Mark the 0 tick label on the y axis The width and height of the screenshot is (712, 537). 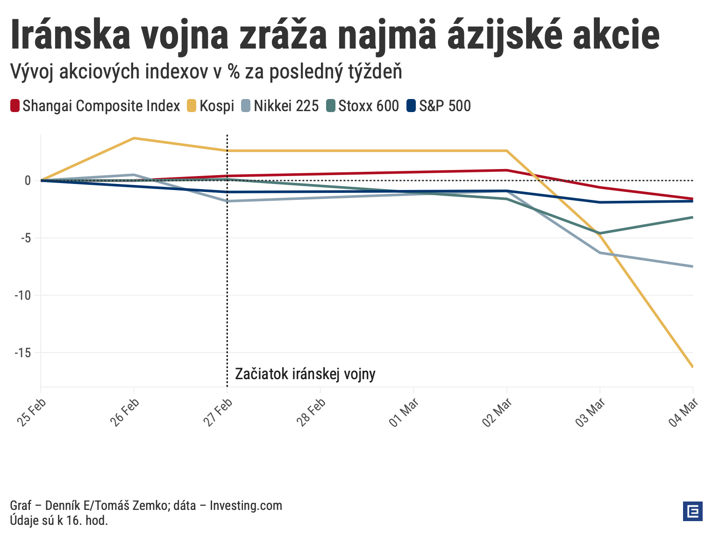28,181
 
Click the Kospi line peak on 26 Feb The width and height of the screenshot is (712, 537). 134,138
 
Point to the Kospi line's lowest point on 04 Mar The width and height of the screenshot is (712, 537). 692,367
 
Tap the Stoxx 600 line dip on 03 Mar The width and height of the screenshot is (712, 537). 600,233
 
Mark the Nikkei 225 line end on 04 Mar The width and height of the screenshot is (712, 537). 692,266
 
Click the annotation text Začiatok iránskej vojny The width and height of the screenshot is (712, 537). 305,374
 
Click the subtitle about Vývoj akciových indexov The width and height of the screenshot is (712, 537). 206,72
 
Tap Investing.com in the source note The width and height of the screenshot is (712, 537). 246,505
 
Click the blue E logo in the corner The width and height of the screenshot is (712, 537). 692,511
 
